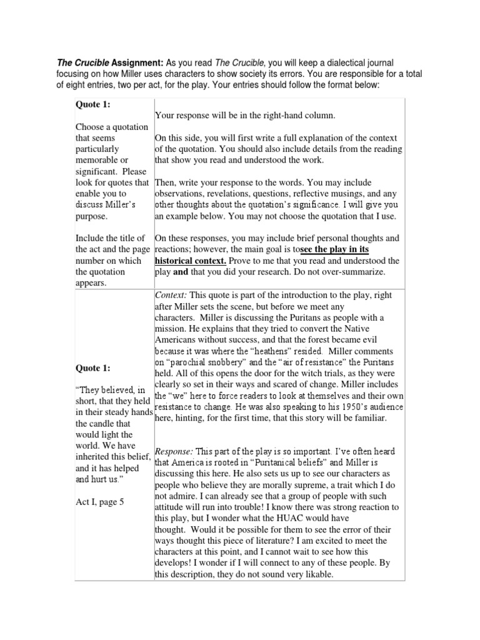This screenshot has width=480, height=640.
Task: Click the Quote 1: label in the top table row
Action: [x=92, y=105]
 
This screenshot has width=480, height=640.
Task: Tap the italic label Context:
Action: [x=171, y=294]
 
